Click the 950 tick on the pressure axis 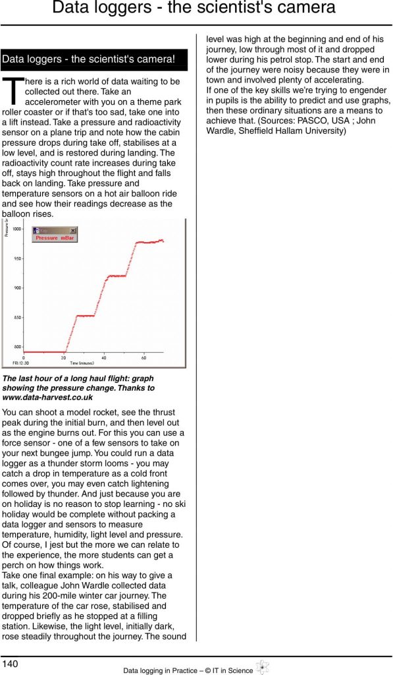click(x=17, y=258)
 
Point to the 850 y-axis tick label click(x=17, y=317)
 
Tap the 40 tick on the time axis click(x=104, y=358)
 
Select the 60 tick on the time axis click(x=144, y=358)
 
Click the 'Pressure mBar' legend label click(x=55, y=238)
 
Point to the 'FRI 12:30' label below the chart click(x=13, y=363)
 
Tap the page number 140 click(x=11, y=662)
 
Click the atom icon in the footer click(x=261, y=668)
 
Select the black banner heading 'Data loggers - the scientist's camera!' click(x=94, y=59)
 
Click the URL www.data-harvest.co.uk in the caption click(x=47, y=397)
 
